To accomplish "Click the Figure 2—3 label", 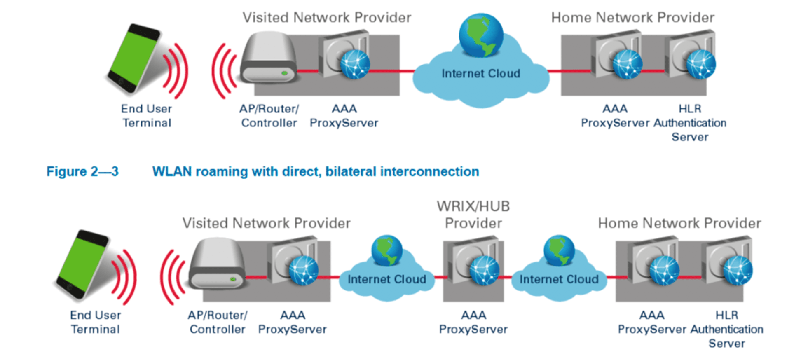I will pyautogui.click(x=82, y=171).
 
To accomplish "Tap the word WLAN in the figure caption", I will pyautogui.click(x=172, y=171).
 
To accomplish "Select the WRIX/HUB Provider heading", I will pyautogui.click(x=473, y=215).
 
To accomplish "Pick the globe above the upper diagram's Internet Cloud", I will pyautogui.click(x=481, y=35).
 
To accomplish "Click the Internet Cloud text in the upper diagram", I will pyautogui.click(x=481, y=74).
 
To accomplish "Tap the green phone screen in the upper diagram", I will pyautogui.click(x=133, y=56).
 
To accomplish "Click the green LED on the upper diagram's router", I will pyautogui.click(x=284, y=73).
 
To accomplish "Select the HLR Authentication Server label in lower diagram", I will pyautogui.click(x=727, y=329).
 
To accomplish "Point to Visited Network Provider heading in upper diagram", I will pyautogui.click(x=327, y=18).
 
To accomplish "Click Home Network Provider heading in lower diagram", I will pyautogui.click(x=679, y=223).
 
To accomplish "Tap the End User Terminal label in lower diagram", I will pyautogui.click(x=95, y=322).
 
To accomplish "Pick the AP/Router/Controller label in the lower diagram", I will pyautogui.click(x=218, y=322).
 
